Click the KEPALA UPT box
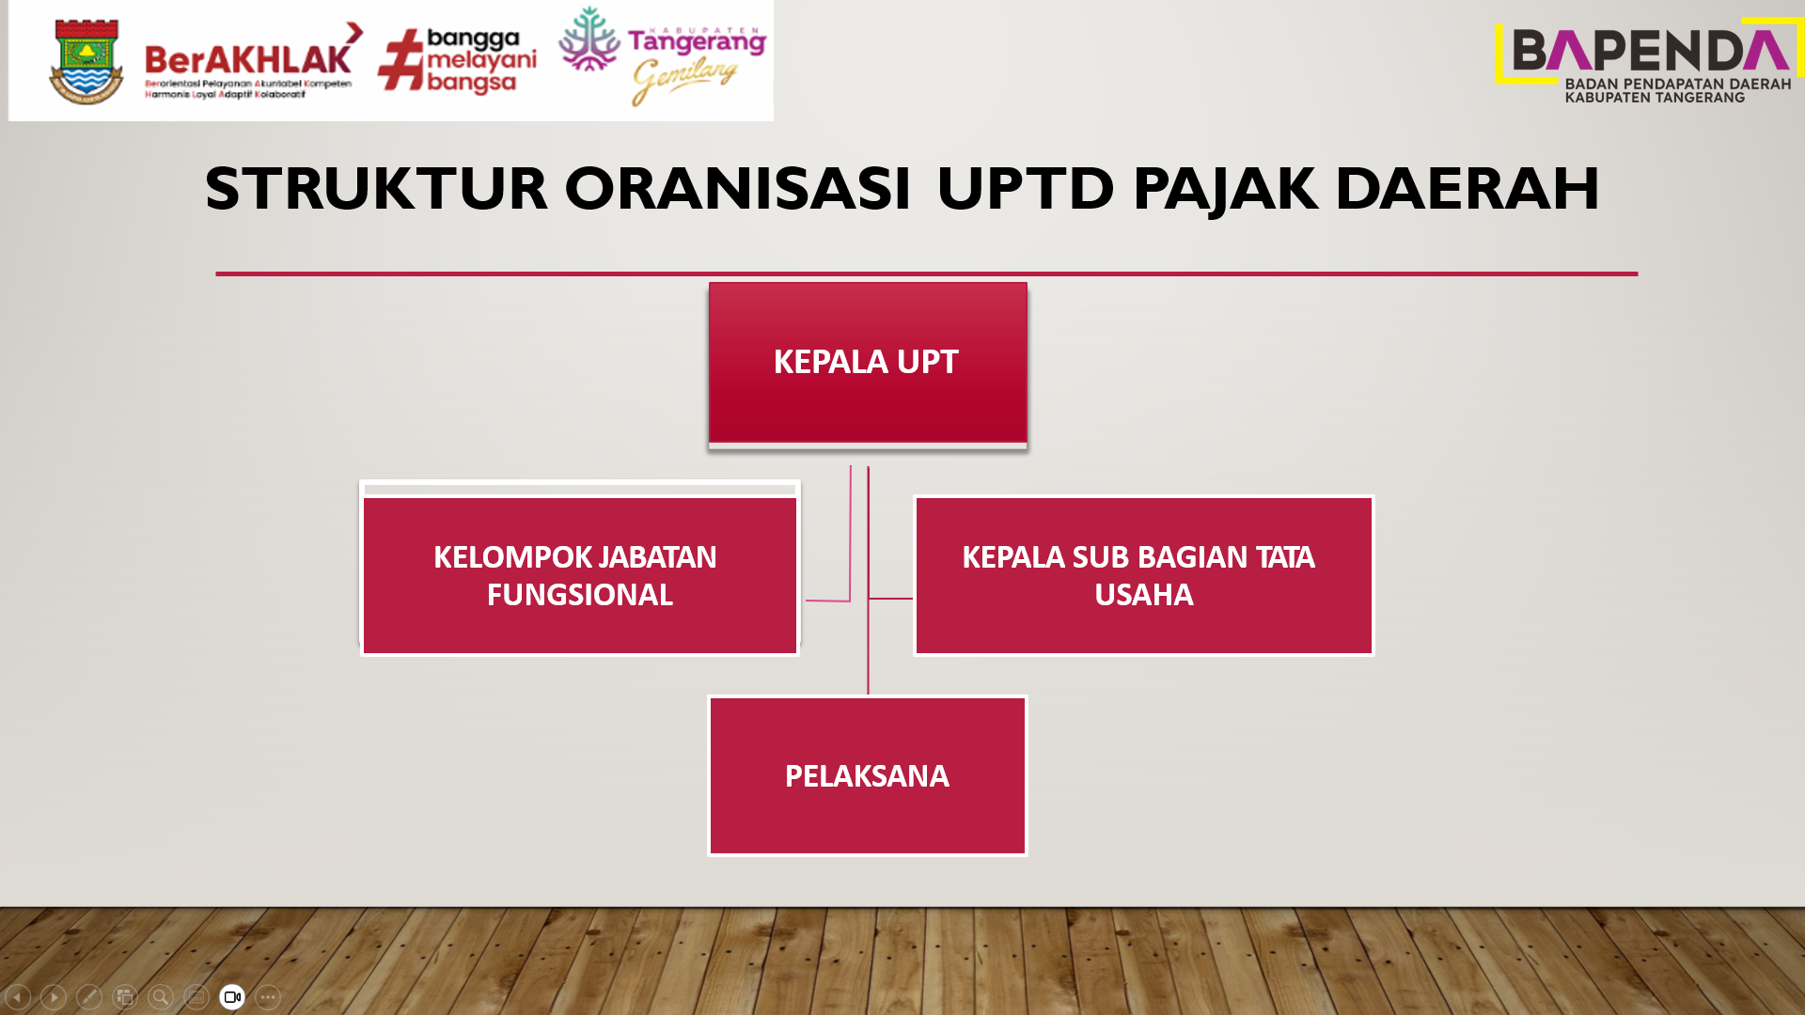868,363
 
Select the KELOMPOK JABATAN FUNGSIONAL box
580,575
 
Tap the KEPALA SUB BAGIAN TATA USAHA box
1144,575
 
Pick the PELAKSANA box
868,776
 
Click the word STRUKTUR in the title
376,188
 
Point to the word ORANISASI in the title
737,188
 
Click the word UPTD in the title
1026,188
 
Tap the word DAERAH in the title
1468,188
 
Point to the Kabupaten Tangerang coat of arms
86,61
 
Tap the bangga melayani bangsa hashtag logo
458,61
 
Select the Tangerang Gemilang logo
663,56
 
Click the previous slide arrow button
18,997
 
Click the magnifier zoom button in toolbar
161,997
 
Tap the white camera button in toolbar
232,997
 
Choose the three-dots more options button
268,997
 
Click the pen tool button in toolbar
89,997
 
